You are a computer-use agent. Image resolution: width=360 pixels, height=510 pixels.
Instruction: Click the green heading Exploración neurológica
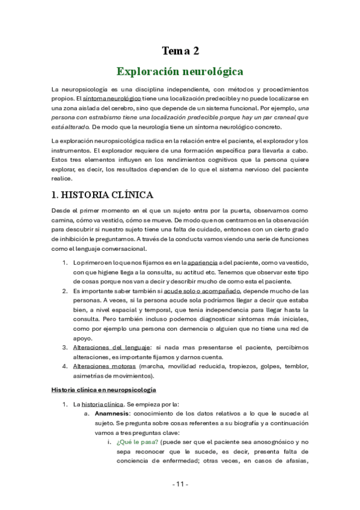(x=180, y=72)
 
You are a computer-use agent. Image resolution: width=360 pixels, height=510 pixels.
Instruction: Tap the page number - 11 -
(x=180, y=484)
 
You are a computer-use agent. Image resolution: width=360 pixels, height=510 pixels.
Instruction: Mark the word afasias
(x=294, y=461)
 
